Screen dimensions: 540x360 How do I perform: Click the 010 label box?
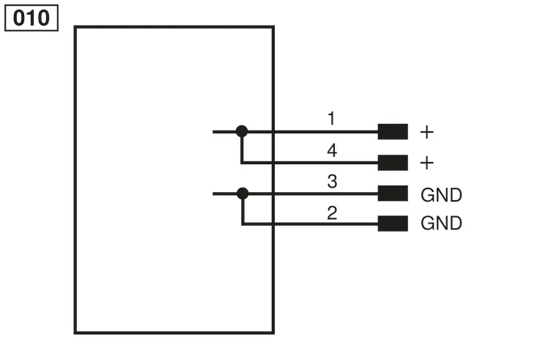(32, 18)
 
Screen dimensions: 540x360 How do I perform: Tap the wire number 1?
(331, 118)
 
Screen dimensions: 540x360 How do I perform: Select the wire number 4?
(332, 150)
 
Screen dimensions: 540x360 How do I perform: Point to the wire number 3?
(332, 182)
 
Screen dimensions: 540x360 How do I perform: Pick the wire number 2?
(332, 213)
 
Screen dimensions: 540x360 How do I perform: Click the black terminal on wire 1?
(393, 131)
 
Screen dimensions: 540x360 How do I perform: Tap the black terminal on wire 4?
(393, 163)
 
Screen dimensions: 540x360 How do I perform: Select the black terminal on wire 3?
(393, 194)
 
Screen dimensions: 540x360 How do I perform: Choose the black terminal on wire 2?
(393, 224)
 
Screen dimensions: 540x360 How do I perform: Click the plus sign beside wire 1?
(427, 132)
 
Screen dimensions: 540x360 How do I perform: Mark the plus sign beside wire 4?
(427, 163)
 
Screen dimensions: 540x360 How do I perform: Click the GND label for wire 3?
(441, 195)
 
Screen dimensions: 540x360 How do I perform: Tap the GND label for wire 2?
(441, 223)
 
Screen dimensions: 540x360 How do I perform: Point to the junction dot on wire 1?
(242, 131)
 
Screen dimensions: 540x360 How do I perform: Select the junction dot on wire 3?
(243, 194)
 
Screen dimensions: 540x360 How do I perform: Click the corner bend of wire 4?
(242, 163)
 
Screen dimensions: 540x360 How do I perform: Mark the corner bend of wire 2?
(243, 224)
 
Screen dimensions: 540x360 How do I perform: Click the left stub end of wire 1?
(213, 131)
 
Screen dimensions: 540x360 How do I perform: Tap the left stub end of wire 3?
(213, 194)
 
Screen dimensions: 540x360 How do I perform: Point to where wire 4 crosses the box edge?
(273, 163)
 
